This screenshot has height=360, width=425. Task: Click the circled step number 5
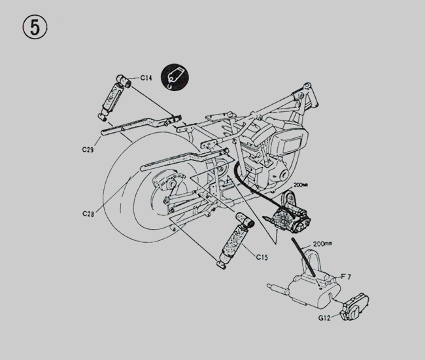(x=35, y=27)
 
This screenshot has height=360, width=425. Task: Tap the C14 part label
(x=146, y=78)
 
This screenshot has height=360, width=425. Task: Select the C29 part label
(x=88, y=149)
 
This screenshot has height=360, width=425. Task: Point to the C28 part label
(x=88, y=214)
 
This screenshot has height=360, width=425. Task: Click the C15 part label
(x=262, y=257)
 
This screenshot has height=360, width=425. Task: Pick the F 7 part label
(x=346, y=277)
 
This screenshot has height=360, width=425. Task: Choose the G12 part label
(x=324, y=317)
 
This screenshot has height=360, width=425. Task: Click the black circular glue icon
(x=175, y=77)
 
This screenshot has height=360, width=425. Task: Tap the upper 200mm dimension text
(x=301, y=185)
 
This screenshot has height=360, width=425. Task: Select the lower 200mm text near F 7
(x=322, y=244)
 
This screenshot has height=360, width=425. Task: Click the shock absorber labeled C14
(x=114, y=98)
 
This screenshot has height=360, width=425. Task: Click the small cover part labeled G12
(x=354, y=307)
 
